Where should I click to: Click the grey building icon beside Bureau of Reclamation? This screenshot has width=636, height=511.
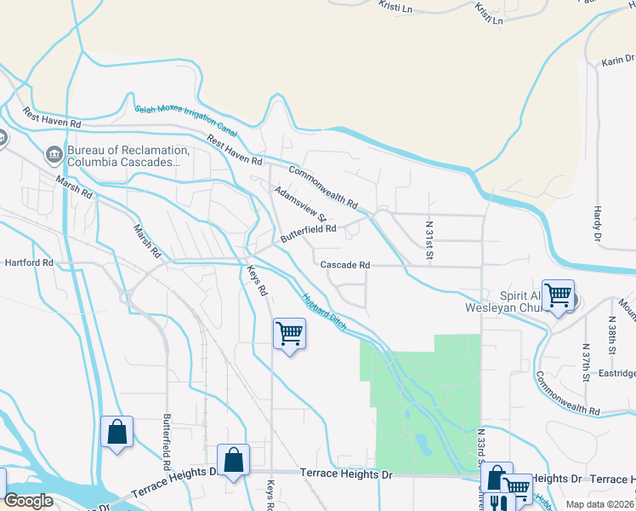point(53,155)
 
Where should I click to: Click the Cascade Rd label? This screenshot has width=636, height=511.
point(345,265)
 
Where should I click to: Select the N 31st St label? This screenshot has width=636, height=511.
point(430,240)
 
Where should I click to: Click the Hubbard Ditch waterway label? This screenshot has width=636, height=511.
point(324,313)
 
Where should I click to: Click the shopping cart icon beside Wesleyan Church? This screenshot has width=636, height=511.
point(558,296)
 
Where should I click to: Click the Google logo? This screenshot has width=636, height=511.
point(28,501)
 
